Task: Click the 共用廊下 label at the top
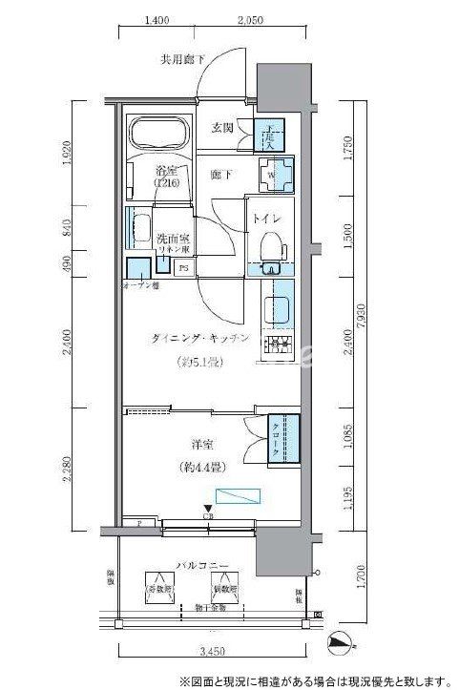[x=182, y=60]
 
